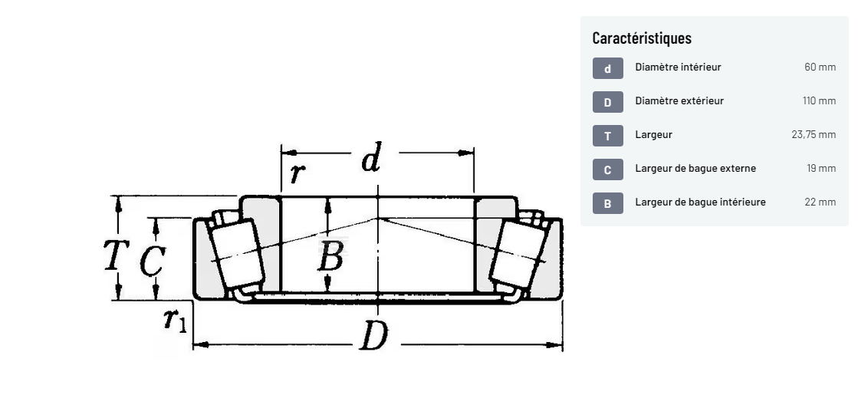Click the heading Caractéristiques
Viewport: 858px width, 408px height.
[642, 38]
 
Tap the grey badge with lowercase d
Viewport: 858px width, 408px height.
[607, 68]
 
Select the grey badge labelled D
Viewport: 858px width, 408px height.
[607, 103]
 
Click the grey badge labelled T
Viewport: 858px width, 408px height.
[607, 136]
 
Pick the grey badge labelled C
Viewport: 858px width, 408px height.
[607, 169]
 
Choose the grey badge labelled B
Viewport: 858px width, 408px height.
[607, 204]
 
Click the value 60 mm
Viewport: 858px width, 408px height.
[820, 67]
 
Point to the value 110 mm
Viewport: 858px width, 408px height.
[819, 100]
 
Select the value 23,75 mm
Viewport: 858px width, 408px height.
[814, 135]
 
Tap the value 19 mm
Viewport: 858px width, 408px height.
[821, 168]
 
